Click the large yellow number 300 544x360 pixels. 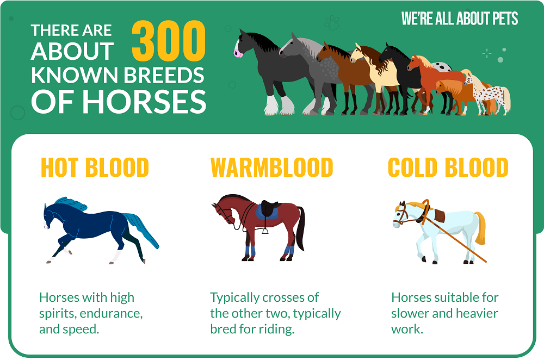[169, 41]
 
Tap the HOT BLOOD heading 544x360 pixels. [95, 167]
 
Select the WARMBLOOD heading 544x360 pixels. [271, 167]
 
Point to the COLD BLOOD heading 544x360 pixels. [448, 167]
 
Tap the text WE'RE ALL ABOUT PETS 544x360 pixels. [460, 18]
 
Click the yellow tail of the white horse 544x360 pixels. [480, 227]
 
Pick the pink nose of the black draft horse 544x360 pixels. [238, 53]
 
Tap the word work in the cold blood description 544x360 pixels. [407, 329]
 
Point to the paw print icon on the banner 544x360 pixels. [332, 22]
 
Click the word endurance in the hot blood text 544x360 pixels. [111, 314]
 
